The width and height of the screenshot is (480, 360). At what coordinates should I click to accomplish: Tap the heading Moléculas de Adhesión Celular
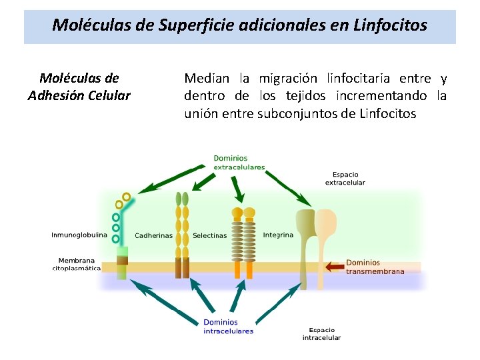(79, 87)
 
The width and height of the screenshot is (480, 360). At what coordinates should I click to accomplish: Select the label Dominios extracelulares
(239, 162)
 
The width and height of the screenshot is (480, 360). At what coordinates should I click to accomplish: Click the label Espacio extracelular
(345, 178)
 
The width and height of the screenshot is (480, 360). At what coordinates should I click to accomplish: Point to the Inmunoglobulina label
(79, 235)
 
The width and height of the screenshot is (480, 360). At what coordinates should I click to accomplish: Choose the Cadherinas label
(153, 235)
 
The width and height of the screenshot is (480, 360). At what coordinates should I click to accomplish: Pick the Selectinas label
(209, 235)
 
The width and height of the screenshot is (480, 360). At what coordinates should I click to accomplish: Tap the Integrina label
(278, 235)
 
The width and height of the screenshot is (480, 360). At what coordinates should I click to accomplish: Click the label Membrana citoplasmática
(77, 264)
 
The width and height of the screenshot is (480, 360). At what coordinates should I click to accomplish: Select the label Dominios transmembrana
(375, 267)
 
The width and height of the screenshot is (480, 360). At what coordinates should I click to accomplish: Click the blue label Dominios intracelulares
(228, 327)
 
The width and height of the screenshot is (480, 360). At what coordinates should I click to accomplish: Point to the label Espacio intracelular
(321, 333)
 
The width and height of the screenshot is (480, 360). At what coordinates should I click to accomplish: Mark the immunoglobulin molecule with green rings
(120, 233)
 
